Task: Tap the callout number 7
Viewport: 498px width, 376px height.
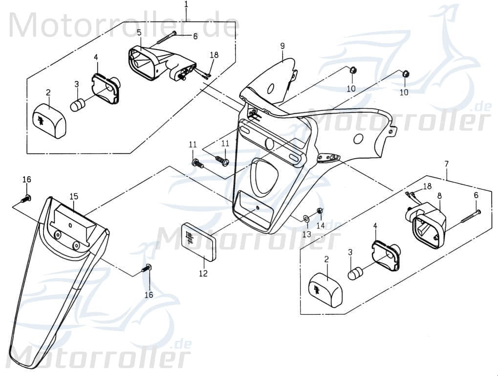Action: click(x=446, y=163)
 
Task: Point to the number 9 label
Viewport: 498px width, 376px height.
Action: click(x=282, y=46)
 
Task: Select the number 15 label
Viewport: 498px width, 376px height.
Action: click(x=73, y=196)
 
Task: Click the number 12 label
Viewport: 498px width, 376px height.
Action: click(x=203, y=273)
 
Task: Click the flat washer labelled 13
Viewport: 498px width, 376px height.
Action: click(x=305, y=217)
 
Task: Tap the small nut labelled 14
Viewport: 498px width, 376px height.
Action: click(x=320, y=211)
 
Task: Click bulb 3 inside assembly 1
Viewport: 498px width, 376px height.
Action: click(x=78, y=104)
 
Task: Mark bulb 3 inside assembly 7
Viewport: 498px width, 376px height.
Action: click(x=354, y=273)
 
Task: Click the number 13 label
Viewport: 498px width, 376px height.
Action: click(x=306, y=235)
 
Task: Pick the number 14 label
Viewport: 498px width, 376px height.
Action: click(x=320, y=226)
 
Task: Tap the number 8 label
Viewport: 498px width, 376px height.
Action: click(x=439, y=195)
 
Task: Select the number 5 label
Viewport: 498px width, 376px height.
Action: click(x=139, y=33)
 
